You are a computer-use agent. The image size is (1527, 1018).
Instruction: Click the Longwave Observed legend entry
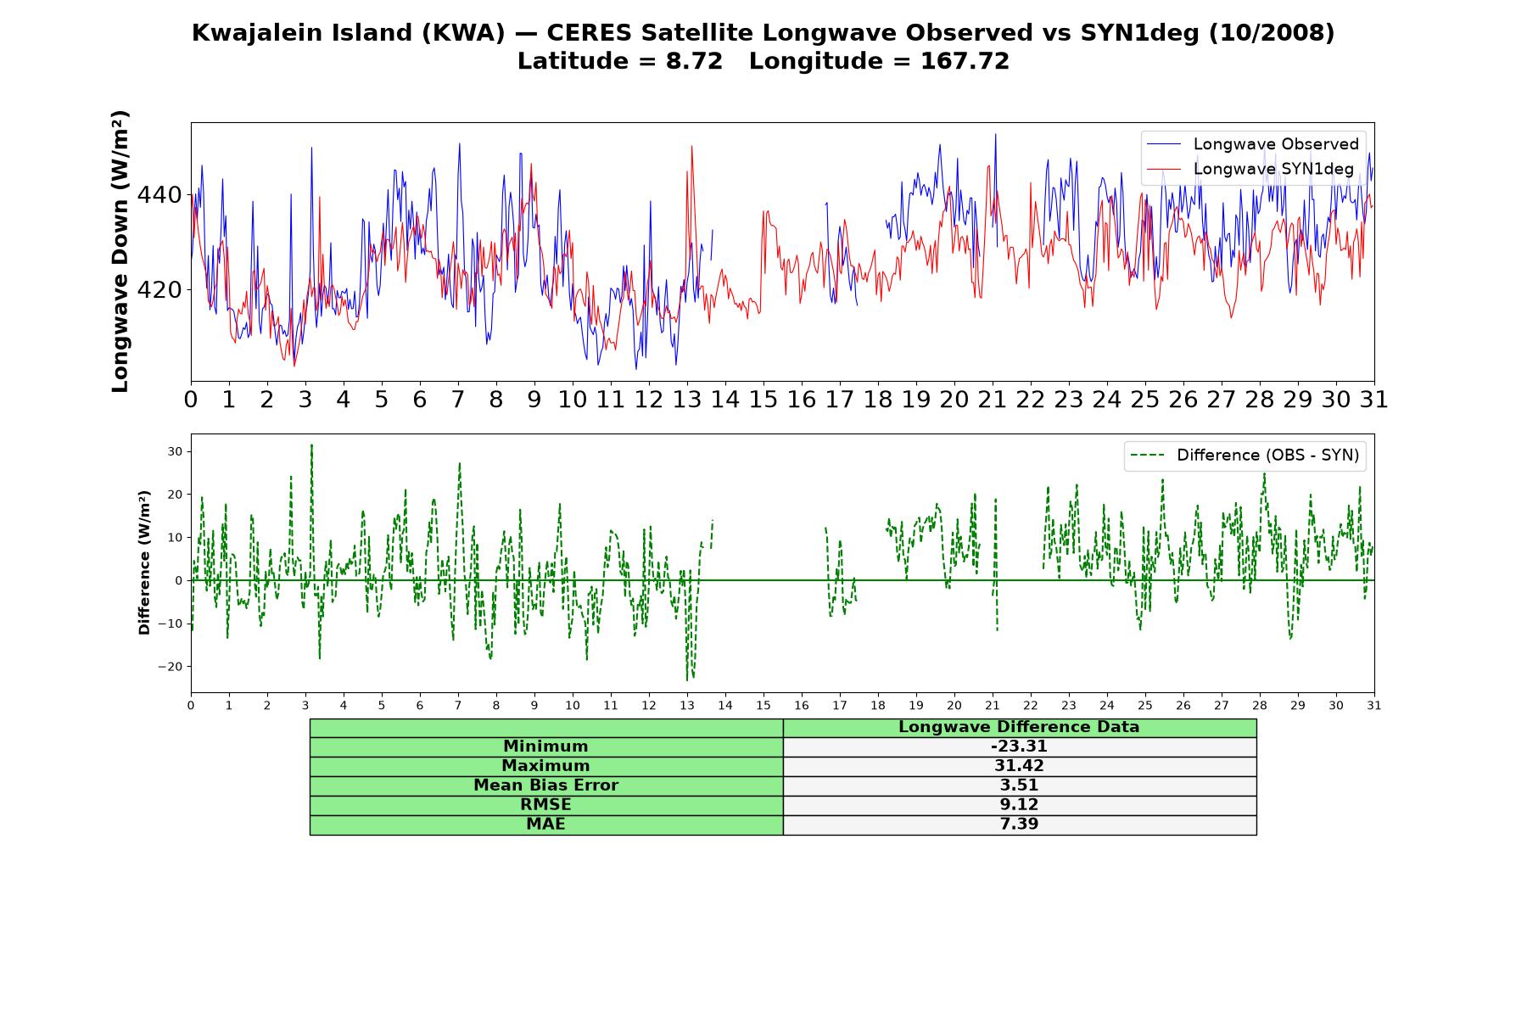click(x=1253, y=144)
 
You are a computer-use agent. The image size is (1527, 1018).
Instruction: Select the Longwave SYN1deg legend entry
click(x=1250, y=169)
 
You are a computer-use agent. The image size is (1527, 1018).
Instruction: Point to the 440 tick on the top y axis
click(x=159, y=195)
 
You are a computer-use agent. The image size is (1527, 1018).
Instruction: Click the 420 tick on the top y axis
click(x=159, y=290)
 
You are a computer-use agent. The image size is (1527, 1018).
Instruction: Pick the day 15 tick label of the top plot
click(x=763, y=400)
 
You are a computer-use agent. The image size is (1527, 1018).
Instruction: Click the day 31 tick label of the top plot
click(x=1373, y=400)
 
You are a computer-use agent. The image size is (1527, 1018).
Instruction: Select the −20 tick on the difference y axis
click(x=171, y=666)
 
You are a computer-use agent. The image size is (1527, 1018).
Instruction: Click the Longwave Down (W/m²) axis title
click(x=120, y=251)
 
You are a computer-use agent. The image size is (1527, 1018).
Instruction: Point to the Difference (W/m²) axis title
click(x=144, y=562)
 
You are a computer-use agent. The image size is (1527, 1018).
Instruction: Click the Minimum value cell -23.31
click(x=1019, y=747)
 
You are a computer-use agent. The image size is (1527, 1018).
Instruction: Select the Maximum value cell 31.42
click(x=1019, y=766)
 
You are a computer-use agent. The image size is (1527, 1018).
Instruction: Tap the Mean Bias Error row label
click(x=545, y=786)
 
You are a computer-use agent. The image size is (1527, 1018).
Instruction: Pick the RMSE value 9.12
click(x=1019, y=805)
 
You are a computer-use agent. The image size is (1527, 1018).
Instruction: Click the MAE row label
click(x=545, y=825)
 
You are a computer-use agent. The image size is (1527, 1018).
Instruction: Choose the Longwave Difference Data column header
click(x=1019, y=727)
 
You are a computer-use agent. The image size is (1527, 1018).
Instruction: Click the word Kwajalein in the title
click(x=248, y=33)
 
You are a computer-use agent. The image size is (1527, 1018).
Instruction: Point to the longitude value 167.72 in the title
click(x=965, y=61)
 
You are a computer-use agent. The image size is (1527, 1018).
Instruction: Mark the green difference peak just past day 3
click(x=311, y=445)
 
